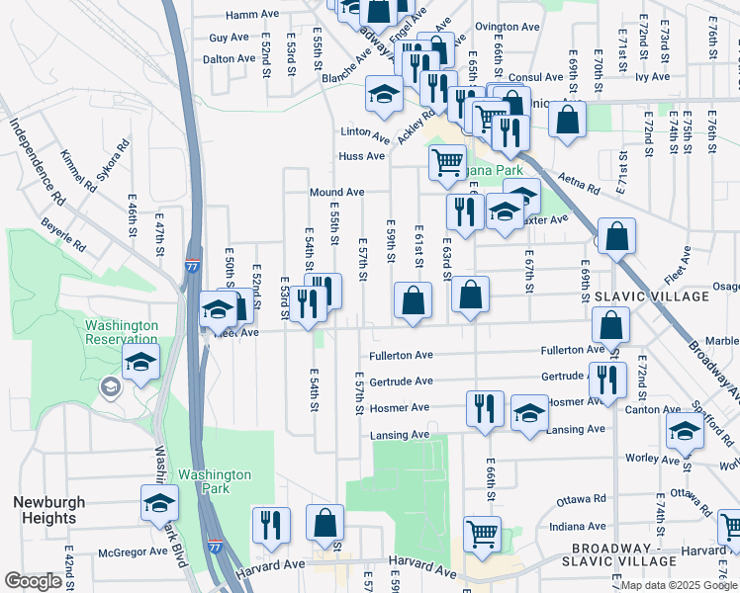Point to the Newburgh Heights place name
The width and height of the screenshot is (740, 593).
coord(44,510)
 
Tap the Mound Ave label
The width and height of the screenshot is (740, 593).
coord(336,192)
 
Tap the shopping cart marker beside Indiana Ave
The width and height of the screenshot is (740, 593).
coord(482,532)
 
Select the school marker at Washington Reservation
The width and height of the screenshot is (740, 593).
coord(141,360)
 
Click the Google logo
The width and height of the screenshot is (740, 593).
coord(34,581)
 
